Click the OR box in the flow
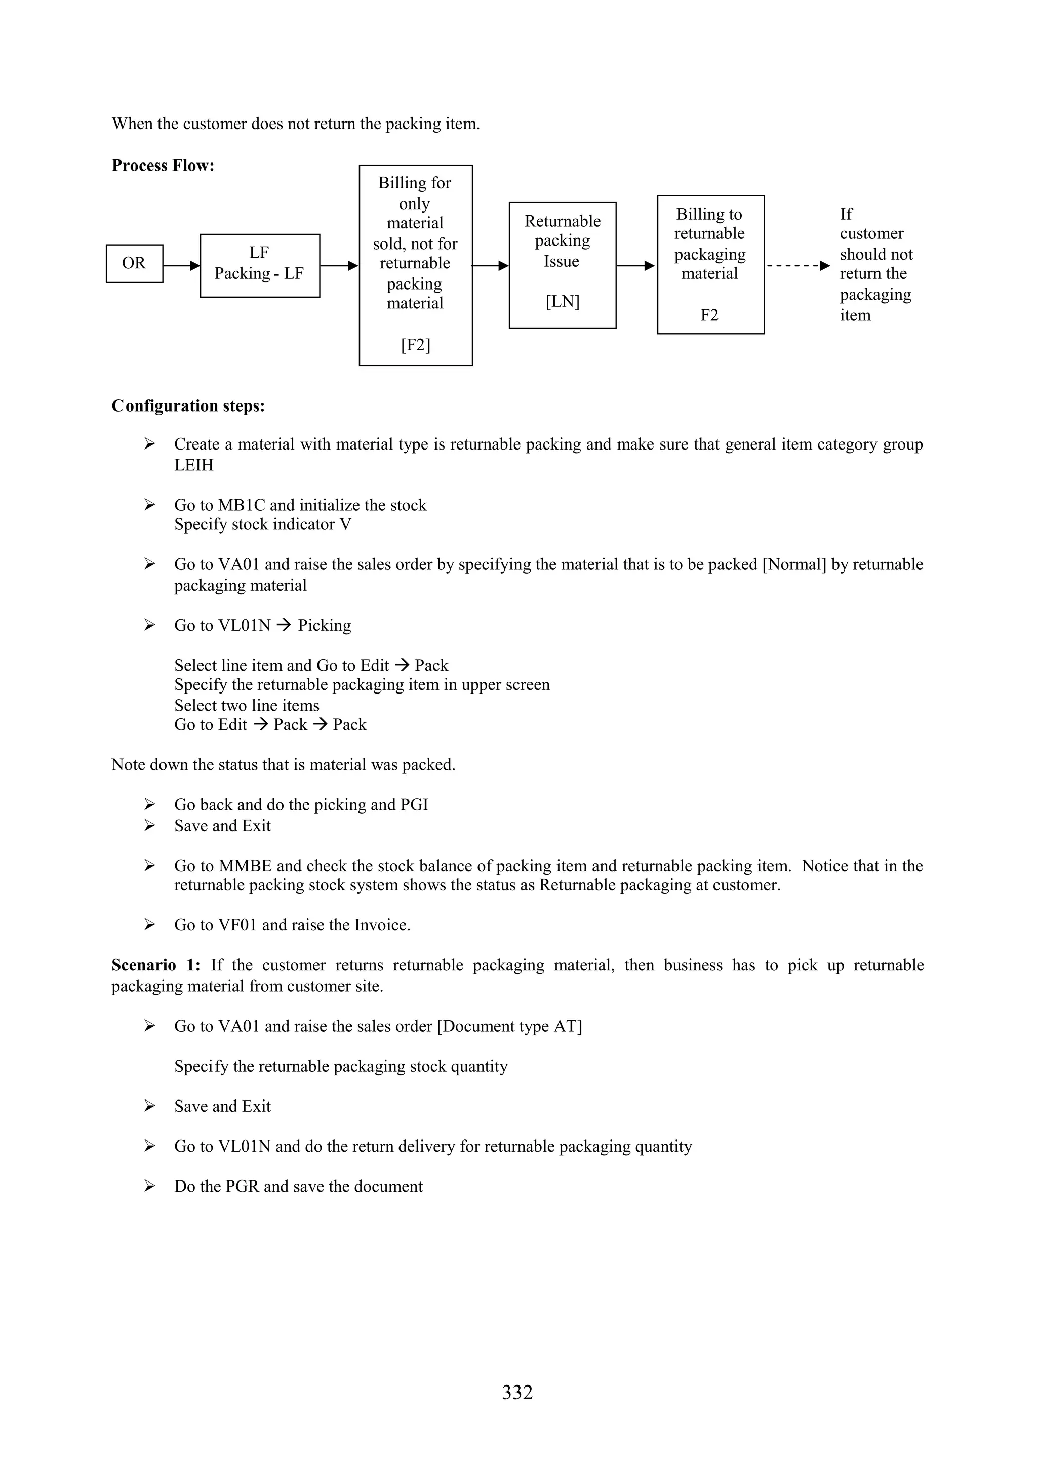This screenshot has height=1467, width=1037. pos(134,263)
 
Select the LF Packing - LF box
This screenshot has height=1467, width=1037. pos(259,265)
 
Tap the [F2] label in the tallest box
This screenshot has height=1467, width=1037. pos(415,345)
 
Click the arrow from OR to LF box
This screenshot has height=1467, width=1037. pos(181,265)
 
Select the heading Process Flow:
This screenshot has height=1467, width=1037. pos(163,166)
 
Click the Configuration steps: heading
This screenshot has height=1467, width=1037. pos(188,405)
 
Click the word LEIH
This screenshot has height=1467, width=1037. pos(193,465)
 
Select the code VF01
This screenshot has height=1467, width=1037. pos(237,925)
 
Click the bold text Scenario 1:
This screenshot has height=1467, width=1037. pos(156,965)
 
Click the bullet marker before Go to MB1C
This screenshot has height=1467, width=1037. pos(149,505)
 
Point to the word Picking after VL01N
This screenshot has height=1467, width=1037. pos(325,626)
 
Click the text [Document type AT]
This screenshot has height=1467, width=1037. pos(509,1026)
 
